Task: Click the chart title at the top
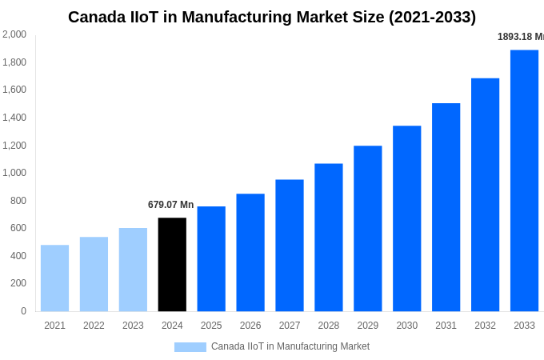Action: [x=272, y=17]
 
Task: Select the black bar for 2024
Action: [x=172, y=264]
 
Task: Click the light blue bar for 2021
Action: [x=54, y=278]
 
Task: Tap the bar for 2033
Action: [x=524, y=180]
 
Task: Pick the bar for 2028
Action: [x=329, y=237]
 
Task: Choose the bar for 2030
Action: [x=406, y=218]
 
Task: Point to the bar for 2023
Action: [x=133, y=269]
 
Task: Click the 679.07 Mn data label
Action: [x=171, y=205]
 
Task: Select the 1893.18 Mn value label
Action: [x=520, y=37]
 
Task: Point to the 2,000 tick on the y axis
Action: [x=14, y=34]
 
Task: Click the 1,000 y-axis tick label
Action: [x=14, y=173]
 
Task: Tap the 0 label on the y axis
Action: [x=23, y=311]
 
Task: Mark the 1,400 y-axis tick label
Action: [x=14, y=118]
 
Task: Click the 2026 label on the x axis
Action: [x=250, y=326]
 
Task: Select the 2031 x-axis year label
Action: [x=446, y=326]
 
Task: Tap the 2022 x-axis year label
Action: [x=94, y=326]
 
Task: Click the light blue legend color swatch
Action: [x=190, y=347]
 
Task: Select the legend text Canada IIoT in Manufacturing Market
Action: [x=290, y=346]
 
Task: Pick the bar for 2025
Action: [x=211, y=258]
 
